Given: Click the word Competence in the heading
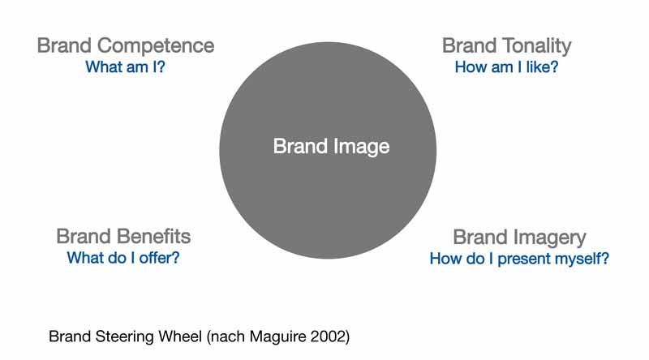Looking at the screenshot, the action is click(156, 46).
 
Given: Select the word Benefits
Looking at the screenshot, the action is click(153, 237).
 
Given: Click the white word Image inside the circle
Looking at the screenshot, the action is click(361, 147).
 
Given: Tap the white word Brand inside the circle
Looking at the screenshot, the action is click(300, 146).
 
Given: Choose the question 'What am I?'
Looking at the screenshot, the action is click(125, 67).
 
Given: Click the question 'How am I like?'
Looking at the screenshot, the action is click(506, 67).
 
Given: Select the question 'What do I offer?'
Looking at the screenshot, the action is click(123, 258).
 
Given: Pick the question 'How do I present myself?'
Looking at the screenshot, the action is click(519, 259).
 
